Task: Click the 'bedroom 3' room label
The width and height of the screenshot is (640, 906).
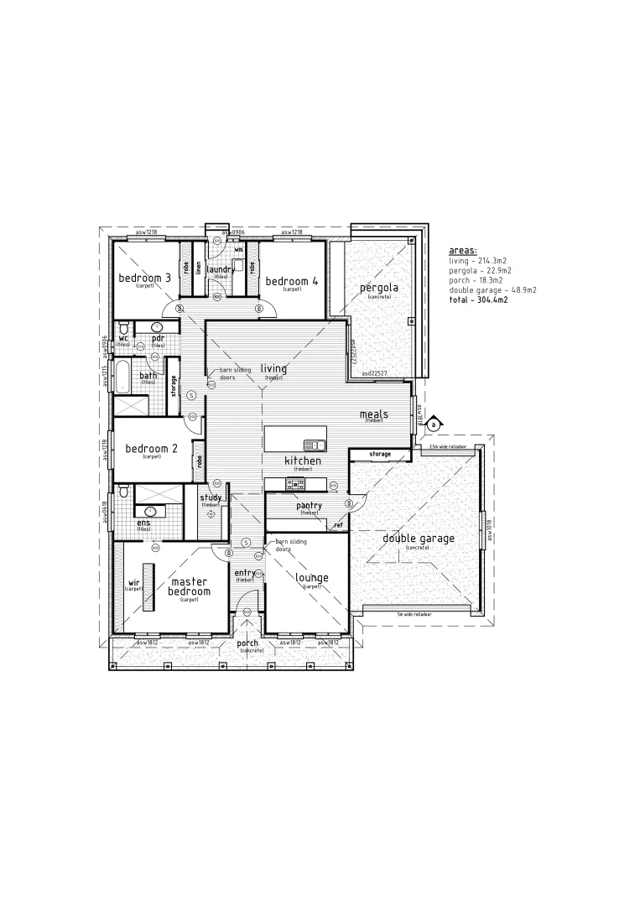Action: (x=144, y=279)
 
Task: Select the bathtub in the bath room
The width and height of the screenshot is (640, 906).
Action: (x=122, y=377)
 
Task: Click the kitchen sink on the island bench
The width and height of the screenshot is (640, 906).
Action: (x=315, y=444)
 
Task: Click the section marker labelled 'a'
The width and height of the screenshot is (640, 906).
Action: (x=433, y=425)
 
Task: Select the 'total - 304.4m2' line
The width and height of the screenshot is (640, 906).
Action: (x=478, y=299)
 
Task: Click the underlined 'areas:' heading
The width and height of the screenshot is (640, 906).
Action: (x=462, y=251)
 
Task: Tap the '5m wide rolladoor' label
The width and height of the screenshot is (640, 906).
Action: (x=415, y=614)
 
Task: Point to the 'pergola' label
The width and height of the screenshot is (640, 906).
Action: (x=378, y=289)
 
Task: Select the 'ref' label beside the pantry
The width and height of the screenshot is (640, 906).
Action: (x=338, y=525)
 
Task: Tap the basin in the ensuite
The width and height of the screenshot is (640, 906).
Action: (x=151, y=510)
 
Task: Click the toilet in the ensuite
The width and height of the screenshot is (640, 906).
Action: (x=123, y=489)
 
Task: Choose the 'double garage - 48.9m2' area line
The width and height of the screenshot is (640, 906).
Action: (x=493, y=289)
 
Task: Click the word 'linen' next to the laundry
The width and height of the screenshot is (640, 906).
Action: (x=198, y=268)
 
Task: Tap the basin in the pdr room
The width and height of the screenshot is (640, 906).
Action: (x=157, y=325)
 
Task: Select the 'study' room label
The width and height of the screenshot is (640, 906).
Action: (x=210, y=497)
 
